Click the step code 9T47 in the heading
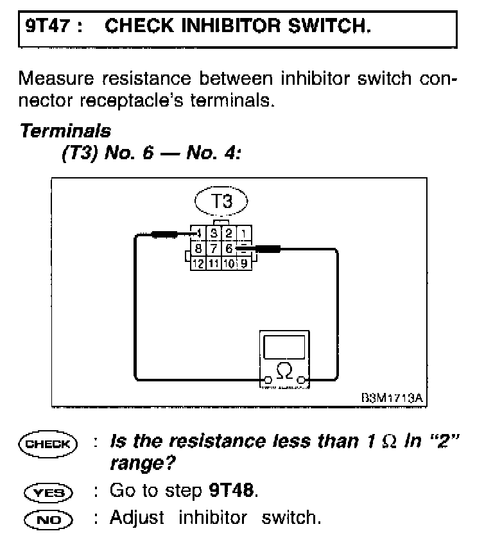46,27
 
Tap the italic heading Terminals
65,131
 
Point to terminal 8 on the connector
199,248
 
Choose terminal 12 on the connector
198,263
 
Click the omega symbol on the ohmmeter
283,370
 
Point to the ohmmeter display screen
283,347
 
